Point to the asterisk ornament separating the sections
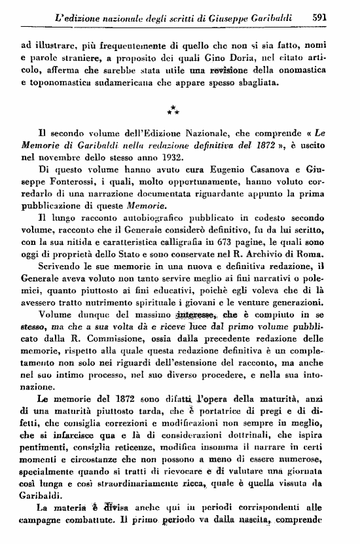click(x=172, y=109)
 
